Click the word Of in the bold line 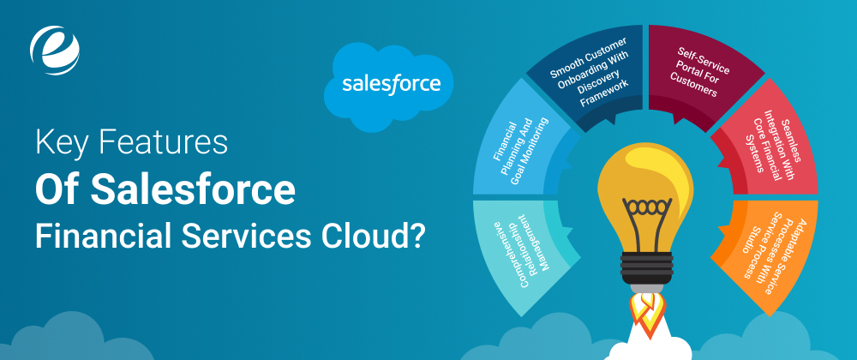[57, 189]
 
